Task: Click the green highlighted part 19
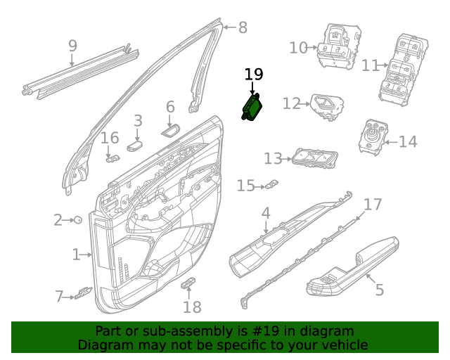(252, 108)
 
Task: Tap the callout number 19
(254, 74)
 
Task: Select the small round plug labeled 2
(78, 220)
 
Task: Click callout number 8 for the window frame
(243, 27)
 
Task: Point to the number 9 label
(73, 46)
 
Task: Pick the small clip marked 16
(113, 158)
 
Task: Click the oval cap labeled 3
(135, 146)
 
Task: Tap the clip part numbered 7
(84, 292)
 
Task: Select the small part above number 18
(188, 283)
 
